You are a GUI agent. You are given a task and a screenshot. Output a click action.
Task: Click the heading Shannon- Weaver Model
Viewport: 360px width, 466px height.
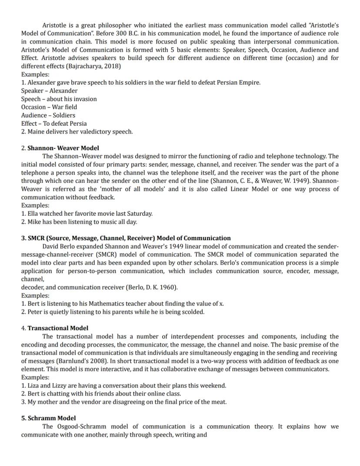click(x=63, y=148)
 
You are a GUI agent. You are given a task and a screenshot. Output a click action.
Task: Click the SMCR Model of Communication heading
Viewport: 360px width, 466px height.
click(x=126, y=238)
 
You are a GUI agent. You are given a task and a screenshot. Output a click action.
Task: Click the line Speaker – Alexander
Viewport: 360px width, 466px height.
click(x=49, y=91)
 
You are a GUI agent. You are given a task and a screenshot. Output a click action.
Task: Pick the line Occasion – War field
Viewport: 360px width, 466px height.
click(x=49, y=107)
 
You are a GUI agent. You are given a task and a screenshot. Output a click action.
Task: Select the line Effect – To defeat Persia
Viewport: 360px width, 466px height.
click(x=53, y=124)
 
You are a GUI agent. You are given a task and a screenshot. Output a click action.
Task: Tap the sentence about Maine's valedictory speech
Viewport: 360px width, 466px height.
click(x=77, y=131)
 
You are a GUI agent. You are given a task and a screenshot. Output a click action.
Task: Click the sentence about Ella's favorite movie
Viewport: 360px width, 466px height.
click(x=87, y=214)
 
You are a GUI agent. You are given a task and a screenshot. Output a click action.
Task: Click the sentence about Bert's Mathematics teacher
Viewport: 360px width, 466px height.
click(x=123, y=304)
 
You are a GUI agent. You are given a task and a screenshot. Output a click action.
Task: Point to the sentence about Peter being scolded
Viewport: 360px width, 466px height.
click(x=113, y=312)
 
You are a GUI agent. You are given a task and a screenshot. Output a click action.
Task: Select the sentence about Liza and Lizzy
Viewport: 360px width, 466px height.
click(x=123, y=386)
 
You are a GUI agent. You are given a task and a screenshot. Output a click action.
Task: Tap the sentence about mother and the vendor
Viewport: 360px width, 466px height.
click(x=124, y=402)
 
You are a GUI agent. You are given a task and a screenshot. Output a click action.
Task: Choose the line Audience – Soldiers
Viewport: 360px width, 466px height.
click(x=48, y=115)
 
